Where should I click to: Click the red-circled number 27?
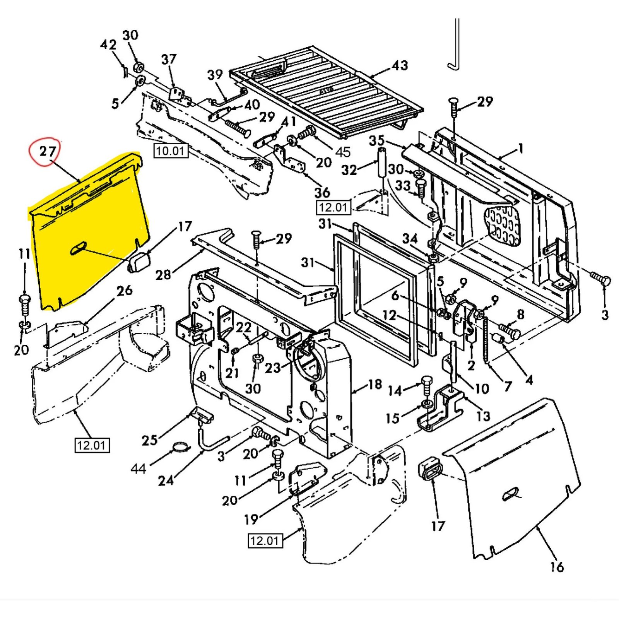(47, 151)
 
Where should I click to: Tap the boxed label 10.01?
(171, 150)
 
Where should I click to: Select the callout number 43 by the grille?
(399, 65)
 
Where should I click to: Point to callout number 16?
(557, 567)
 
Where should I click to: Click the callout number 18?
(374, 384)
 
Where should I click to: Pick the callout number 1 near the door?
(520, 148)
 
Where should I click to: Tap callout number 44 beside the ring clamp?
(138, 469)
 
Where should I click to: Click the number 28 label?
(163, 275)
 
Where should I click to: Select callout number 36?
(322, 192)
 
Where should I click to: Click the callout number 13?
(483, 416)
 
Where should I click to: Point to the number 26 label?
(124, 290)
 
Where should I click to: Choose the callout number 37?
(169, 59)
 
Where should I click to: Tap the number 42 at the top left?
(108, 44)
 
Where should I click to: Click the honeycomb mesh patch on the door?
(502, 226)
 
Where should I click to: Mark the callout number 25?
(149, 440)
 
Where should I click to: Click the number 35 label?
(376, 140)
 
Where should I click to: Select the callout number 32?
(349, 170)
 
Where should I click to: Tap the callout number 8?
(521, 314)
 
